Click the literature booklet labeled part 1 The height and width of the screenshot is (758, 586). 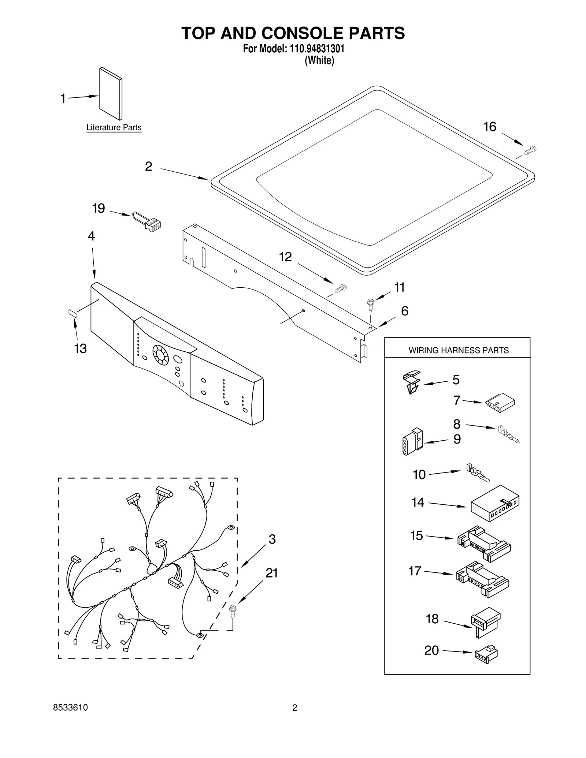111,94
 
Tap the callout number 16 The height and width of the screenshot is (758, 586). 490,127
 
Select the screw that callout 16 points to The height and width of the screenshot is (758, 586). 530,150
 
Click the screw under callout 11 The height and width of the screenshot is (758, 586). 370,305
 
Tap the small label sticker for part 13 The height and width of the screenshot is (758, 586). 72,312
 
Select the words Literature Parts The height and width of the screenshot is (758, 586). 114,128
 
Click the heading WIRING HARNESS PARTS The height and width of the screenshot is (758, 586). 459,351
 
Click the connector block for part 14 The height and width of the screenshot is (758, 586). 494,503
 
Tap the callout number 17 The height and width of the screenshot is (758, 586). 415,571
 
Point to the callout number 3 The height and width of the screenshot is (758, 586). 272,539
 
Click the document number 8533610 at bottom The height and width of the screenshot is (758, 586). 70,708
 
